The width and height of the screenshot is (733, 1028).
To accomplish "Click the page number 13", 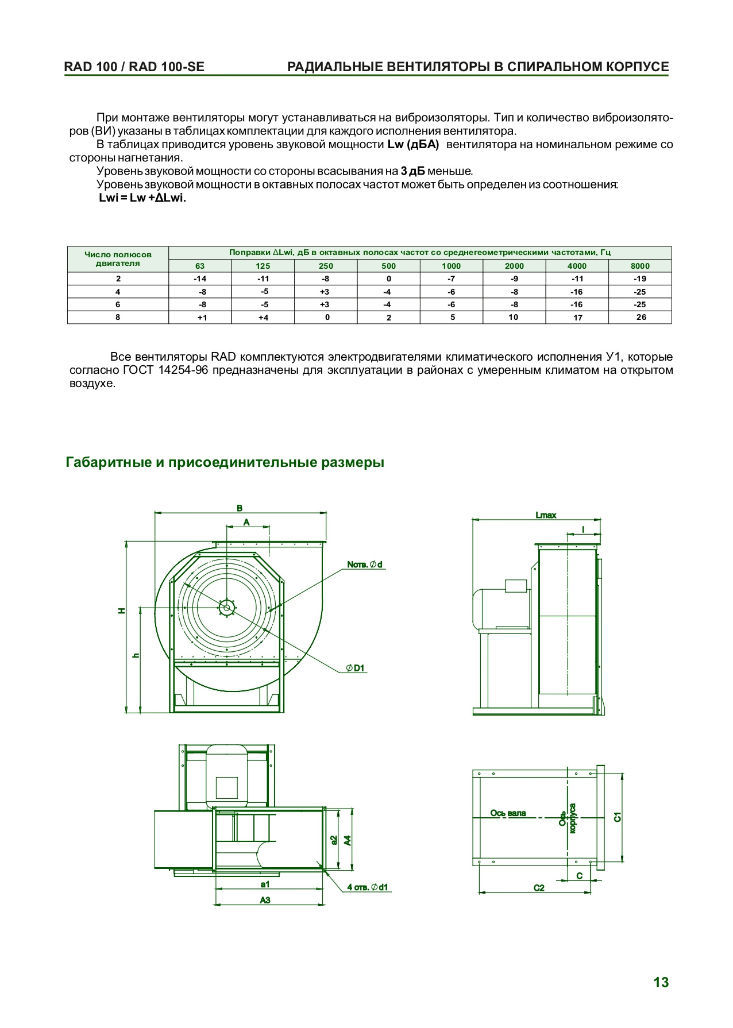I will pos(661,982).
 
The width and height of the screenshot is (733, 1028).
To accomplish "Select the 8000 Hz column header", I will pos(640,266).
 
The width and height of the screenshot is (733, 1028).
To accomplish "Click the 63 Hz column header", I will pos(200,266).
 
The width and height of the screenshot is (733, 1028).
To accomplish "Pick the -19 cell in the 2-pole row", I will pos(640,279).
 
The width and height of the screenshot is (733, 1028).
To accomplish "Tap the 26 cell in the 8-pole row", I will pos(641,317).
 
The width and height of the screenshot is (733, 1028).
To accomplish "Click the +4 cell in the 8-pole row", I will pos(263,318).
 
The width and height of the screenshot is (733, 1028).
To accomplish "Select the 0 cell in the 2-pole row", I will pos(388,279).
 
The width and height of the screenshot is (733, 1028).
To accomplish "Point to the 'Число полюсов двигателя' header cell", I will pos(118,259).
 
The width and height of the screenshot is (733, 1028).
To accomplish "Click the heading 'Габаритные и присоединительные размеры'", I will pos(225,462).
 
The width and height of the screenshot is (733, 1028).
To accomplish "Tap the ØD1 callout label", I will pos(356,668).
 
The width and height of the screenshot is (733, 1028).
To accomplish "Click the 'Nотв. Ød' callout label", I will pos(365,565).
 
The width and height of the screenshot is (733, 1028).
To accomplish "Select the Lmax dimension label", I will pos(546,515).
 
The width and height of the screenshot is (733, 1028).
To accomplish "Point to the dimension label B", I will pos(240,508).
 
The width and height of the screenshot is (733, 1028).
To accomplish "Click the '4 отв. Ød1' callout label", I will pos(367,887).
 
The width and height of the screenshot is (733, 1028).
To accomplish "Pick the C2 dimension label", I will pos(539,888).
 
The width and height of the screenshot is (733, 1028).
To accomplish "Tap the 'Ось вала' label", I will pos(508,813).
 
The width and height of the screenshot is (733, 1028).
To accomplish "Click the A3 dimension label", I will pos(265,900).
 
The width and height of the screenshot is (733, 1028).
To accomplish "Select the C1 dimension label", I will pos(618,817).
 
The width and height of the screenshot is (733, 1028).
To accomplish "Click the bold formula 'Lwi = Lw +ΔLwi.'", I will pos(142,198).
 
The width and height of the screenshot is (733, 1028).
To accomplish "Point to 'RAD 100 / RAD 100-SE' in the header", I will pos(134,67).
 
